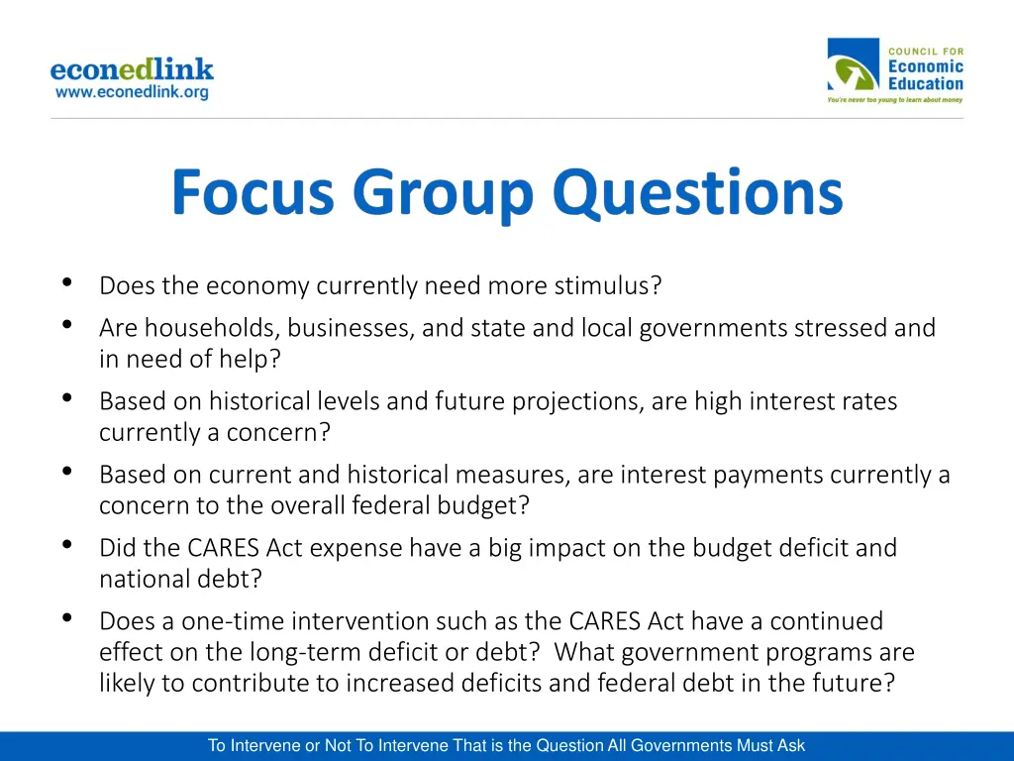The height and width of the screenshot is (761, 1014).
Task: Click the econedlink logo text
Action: coord(132,69)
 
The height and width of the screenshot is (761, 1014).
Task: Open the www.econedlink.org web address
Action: coord(132,92)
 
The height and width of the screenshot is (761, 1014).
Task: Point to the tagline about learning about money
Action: coord(895,100)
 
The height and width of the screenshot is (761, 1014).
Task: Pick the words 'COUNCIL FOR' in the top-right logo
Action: coord(925,51)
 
